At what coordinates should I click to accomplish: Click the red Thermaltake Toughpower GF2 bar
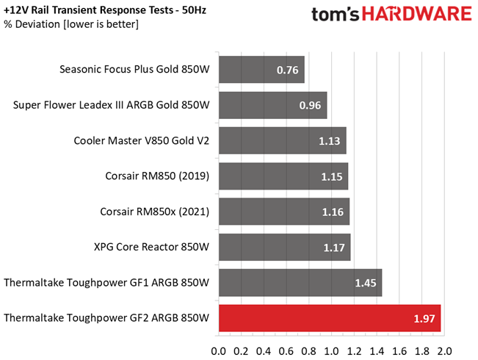(x=330, y=318)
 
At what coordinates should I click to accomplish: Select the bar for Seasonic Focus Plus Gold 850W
(x=261, y=71)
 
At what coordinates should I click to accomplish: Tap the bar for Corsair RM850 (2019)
(x=283, y=176)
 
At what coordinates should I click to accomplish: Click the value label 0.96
(x=310, y=106)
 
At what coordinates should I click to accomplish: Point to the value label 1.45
(x=366, y=283)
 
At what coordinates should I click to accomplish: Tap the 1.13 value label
(x=330, y=141)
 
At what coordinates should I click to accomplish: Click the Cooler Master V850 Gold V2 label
(x=142, y=141)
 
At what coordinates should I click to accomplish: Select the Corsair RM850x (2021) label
(x=155, y=212)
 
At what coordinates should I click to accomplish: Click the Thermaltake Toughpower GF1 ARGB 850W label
(x=106, y=283)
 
